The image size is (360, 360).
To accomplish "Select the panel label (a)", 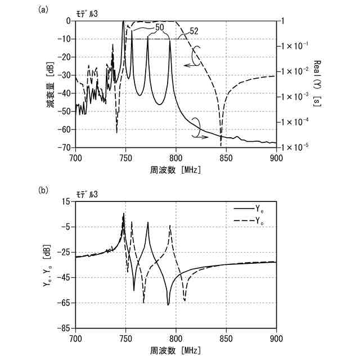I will click(x=42, y=10).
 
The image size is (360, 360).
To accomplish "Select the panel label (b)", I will click(x=42, y=190).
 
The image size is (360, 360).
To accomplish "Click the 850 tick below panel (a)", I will click(x=226, y=157).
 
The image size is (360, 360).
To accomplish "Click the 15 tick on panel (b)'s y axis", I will click(x=66, y=201).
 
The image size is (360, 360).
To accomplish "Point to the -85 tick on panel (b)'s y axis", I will click(x=64, y=327).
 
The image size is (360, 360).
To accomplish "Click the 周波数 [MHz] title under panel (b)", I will click(x=175, y=350).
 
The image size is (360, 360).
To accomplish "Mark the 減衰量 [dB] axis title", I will click(x=51, y=84).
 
